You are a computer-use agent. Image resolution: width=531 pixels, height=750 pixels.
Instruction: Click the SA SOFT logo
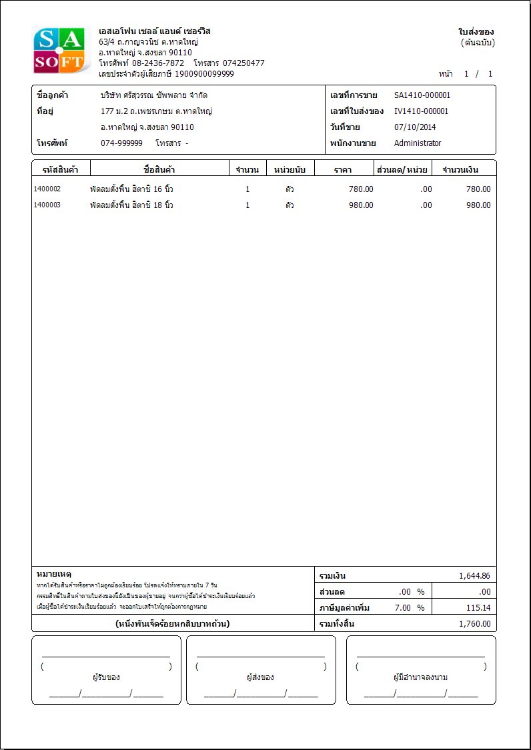click(x=60, y=50)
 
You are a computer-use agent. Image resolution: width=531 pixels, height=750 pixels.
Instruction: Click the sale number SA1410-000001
click(x=422, y=95)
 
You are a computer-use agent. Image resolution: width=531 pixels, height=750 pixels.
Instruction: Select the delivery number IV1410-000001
click(x=422, y=111)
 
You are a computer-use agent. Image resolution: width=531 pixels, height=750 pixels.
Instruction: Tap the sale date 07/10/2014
click(x=414, y=127)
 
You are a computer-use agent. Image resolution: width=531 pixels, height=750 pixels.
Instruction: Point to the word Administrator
click(x=418, y=143)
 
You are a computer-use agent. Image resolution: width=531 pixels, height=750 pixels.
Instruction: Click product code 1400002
click(x=47, y=189)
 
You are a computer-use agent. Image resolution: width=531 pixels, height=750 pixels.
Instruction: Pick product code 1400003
click(x=47, y=205)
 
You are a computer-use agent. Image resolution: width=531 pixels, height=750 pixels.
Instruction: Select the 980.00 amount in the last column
click(x=478, y=205)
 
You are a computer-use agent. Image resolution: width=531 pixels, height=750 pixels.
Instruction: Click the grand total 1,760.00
click(x=474, y=624)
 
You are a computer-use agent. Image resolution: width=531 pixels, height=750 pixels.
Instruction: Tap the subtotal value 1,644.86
click(x=474, y=576)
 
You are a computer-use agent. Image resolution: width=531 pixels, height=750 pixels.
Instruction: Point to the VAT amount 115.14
click(x=478, y=608)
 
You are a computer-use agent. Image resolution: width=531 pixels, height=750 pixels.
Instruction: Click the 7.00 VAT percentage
click(x=404, y=608)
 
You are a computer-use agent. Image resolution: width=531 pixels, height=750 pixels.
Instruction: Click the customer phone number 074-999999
click(x=121, y=143)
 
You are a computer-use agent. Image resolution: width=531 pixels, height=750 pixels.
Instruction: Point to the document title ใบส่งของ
click(x=476, y=32)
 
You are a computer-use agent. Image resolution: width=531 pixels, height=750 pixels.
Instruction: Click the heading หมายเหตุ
click(x=54, y=574)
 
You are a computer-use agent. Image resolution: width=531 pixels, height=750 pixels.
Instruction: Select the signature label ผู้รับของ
click(x=106, y=677)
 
